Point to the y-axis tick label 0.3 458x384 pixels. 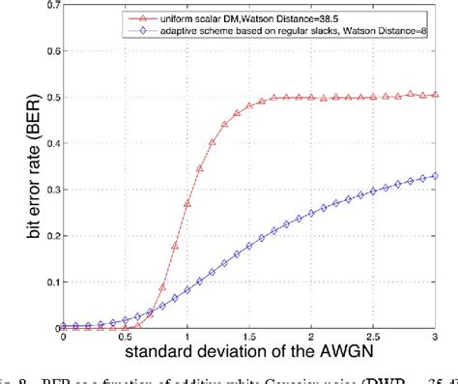click(50, 190)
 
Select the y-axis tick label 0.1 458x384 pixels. click(50, 281)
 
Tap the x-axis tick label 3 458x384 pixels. click(434, 339)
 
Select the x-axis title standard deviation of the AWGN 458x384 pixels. click(249, 353)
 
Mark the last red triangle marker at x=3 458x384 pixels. click(434, 96)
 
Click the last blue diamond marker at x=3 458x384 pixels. click(434, 176)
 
